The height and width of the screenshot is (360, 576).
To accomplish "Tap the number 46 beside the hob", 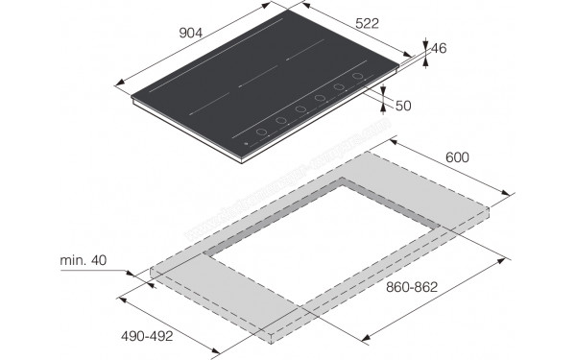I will click(440, 48).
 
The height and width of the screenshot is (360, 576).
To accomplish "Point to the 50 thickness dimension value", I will click(402, 106).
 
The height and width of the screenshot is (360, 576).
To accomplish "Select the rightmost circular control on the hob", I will click(358, 77).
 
